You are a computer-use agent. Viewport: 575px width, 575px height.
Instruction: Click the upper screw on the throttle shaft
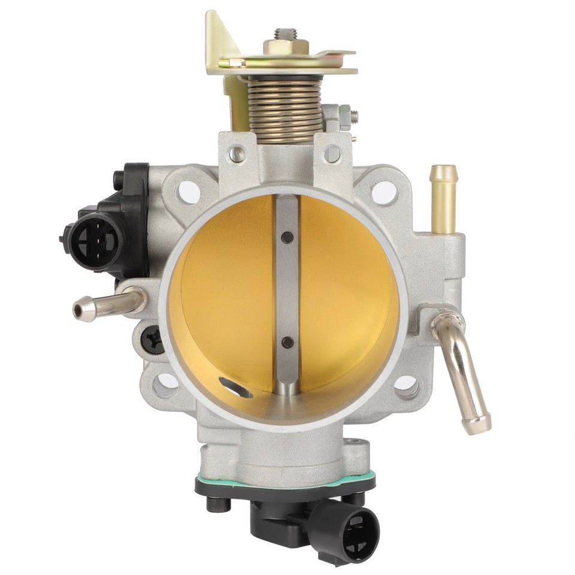[288, 237]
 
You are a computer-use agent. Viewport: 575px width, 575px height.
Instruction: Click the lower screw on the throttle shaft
[287, 343]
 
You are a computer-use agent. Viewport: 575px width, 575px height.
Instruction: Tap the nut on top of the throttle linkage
[286, 46]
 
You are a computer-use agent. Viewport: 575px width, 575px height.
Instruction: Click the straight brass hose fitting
[443, 198]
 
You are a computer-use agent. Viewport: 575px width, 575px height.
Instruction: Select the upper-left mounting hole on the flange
[188, 192]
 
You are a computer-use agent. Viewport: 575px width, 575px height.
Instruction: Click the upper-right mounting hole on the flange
[384, 192]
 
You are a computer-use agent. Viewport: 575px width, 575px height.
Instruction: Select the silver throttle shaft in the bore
[287, 293]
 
